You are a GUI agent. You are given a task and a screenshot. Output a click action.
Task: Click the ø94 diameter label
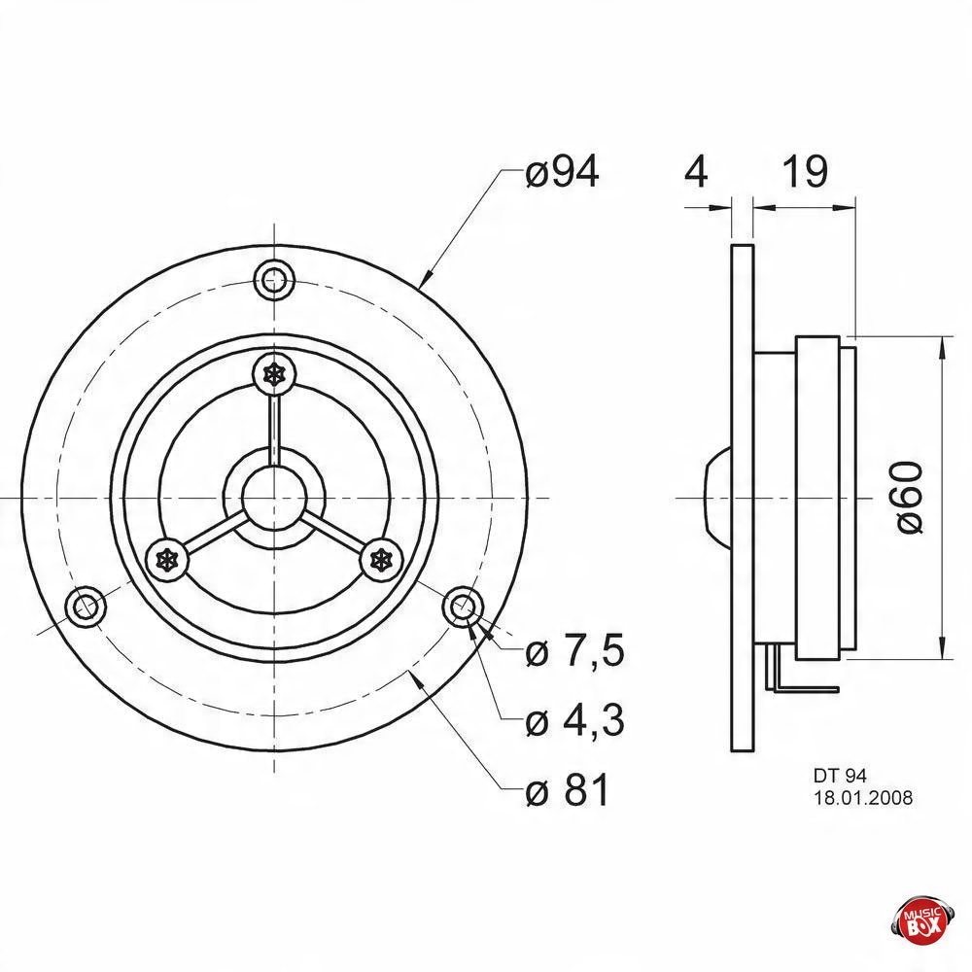562,172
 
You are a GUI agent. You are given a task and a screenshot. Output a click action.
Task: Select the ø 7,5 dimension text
574,651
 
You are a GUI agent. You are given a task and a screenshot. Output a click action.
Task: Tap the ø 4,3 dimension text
574,720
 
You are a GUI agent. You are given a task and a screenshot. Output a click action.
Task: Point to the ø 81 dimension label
568,789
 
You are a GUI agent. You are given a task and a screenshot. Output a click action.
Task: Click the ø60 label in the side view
910,497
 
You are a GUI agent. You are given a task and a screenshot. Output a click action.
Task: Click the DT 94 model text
840,776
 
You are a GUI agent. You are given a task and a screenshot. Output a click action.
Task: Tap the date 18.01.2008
863,797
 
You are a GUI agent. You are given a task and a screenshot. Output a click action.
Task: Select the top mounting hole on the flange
275,280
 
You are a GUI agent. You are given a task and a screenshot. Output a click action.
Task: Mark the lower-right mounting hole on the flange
463,607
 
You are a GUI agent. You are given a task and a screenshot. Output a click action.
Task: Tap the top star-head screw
275,374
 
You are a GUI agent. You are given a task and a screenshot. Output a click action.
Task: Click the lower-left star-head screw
166,561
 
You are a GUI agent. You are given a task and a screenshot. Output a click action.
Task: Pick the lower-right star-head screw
382,561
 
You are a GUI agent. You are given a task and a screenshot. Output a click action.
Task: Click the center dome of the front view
274,497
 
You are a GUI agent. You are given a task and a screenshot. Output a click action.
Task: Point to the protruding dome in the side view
717,497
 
